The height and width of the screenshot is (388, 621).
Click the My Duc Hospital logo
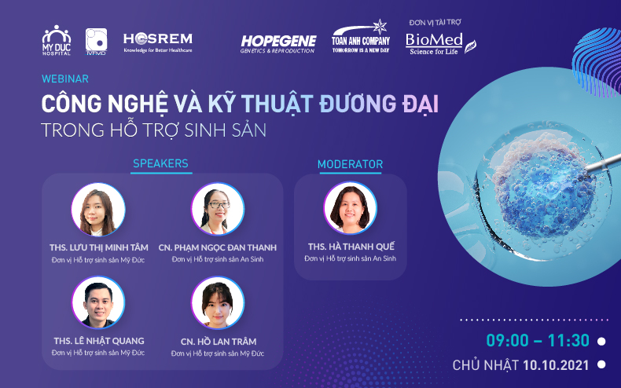click(57, 40)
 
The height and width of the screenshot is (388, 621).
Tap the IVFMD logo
click(96, 41)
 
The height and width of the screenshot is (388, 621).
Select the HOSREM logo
click(158, 42)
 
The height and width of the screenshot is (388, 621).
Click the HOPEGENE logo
click(278, 44)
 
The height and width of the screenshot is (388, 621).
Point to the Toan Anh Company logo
click(361, 36)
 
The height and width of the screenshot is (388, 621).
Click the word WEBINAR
click(65, 79)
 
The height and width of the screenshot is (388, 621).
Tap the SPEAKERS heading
click(160, 163)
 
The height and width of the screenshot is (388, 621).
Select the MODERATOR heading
click(350, 164)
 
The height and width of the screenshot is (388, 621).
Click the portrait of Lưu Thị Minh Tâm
click(98, 210)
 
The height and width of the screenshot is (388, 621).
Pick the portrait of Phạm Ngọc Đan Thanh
click(218, 209)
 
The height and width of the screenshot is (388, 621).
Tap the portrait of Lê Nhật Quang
click(98, 302)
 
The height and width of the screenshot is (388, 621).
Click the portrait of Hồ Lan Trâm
click(218, 303)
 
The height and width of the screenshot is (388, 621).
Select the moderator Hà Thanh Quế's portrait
click(350, 208)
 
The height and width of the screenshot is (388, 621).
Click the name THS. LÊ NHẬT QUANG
click(99, 341)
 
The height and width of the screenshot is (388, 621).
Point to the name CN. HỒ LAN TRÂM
click(219, 342)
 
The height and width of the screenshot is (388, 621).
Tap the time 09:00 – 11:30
click(538, 341)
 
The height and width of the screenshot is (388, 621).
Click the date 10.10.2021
click(556, 365)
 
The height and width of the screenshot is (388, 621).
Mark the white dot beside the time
click(601, 341)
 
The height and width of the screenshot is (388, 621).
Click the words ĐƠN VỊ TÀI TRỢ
click(435, 23)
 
